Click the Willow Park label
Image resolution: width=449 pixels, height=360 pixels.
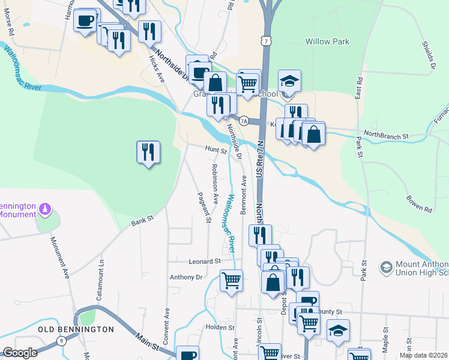point(327,41)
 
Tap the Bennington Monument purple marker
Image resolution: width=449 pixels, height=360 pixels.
point(44,209)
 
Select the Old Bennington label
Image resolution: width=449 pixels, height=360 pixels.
point(76,329)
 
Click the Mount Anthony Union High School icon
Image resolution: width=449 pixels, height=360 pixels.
point(386,266)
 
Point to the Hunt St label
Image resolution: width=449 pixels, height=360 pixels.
point(215,150)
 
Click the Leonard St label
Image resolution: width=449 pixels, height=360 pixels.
point(205,262)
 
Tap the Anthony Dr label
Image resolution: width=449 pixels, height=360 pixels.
point(186,277)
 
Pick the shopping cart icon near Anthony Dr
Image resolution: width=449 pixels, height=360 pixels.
point(232,280)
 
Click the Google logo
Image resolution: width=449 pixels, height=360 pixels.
point(20,353)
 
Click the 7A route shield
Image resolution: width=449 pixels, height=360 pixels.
point(244,121)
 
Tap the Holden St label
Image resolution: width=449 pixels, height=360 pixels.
point(220,328)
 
